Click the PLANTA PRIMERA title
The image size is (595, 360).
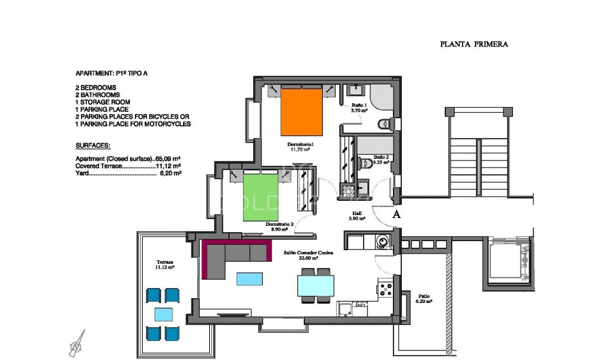tap(474, 44)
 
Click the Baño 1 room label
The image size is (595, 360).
tap(360, 108)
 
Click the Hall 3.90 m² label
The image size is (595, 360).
tap(357, 216)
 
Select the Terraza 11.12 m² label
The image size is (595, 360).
tap(165, 264)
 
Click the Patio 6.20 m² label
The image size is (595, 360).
tap(424, 299)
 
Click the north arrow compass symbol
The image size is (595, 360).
tap(77, 345)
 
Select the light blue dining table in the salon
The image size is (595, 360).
tap(314, 286)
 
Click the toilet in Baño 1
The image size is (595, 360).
tap(385, 124)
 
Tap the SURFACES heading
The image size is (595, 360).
tap(93, 146)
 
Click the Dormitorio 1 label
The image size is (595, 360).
tap(300, 146)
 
